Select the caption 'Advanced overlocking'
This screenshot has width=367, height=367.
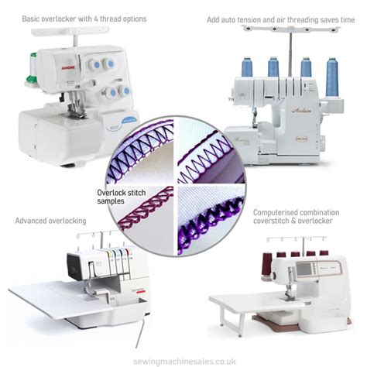pos(50,221)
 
